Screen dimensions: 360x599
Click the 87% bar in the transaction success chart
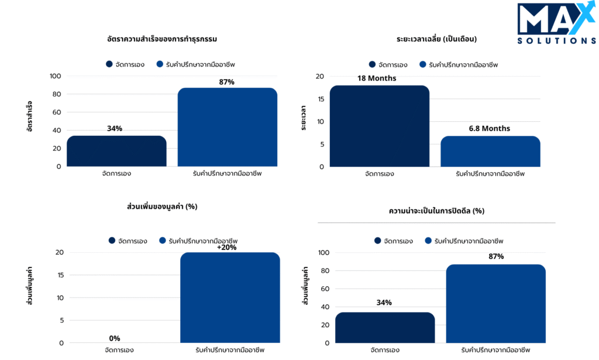227,127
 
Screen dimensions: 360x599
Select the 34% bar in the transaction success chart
116,151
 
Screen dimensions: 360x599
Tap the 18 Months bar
379,126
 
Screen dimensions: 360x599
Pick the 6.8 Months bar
490,151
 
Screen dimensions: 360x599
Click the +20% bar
230,297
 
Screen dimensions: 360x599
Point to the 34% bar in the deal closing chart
385,327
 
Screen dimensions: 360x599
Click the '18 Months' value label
377,78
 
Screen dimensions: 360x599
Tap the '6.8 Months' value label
490,129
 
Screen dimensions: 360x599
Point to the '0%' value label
115,338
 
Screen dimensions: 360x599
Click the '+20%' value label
226,247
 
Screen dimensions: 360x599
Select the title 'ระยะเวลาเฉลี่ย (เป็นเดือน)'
436,39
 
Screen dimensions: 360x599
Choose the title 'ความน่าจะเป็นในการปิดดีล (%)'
436,210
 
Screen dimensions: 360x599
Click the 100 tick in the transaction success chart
56,76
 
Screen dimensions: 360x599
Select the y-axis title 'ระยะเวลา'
304,118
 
